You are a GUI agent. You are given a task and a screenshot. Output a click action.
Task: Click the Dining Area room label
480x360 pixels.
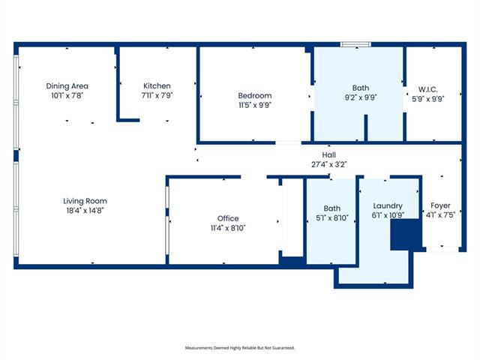click(67, 86)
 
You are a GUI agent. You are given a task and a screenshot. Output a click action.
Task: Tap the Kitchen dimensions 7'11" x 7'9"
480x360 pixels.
click(157, 95)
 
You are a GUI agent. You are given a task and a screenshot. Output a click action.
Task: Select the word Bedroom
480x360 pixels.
click(255, 95)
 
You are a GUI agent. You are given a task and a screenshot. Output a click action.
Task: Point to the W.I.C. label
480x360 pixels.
click(428, 90)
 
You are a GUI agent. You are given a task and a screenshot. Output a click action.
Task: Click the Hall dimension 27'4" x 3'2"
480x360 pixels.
click(328, 164)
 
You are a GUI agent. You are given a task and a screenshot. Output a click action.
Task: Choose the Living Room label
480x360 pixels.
click(85, 201)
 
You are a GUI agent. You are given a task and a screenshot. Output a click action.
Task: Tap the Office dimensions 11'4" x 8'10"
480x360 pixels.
click(228, 228)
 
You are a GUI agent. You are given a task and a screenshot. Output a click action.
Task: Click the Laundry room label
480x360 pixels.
click(388, 206)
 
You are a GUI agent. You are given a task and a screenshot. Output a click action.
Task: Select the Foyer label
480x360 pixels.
click(440, 205)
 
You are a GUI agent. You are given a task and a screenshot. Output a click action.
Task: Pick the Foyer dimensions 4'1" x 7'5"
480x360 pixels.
click(440, 215)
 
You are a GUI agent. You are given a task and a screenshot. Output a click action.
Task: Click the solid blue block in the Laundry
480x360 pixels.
click(405, 235)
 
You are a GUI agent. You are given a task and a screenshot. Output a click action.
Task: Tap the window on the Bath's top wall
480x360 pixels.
click(355, 44)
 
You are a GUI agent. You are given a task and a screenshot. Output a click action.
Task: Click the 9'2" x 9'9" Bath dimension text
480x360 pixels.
click(361, 97)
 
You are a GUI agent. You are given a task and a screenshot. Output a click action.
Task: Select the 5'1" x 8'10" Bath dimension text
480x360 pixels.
click(332, 218)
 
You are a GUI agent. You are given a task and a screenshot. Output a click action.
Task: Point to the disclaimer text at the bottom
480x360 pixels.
click(240, 348)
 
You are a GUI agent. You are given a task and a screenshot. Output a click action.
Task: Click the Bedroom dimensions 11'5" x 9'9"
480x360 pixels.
click(255, 105)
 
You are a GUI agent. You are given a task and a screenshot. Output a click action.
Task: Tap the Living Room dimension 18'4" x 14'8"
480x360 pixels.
click(85, 211)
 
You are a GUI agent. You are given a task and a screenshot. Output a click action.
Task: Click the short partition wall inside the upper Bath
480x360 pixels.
click(366, 128)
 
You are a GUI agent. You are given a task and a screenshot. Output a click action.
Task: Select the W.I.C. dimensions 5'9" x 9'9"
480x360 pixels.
click(428, 99)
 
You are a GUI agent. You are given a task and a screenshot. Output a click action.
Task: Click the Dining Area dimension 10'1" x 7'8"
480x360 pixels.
click(67, 95)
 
